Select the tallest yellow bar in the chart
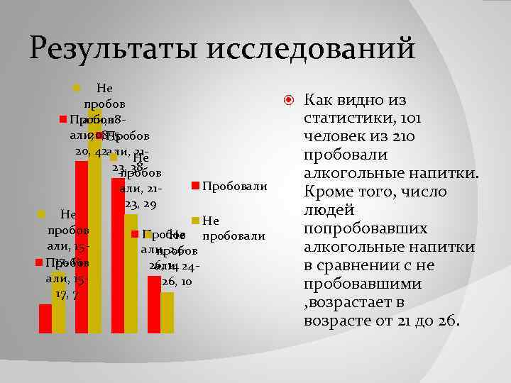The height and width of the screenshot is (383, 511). click(x=95, y=227)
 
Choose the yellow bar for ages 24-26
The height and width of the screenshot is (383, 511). click(x=167, y=312)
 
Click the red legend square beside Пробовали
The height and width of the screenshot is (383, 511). click(x=195, y=187)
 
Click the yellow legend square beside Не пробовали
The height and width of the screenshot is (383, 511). click(x=195, y=222)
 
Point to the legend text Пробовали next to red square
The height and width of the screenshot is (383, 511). click(x=235, y=187)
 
